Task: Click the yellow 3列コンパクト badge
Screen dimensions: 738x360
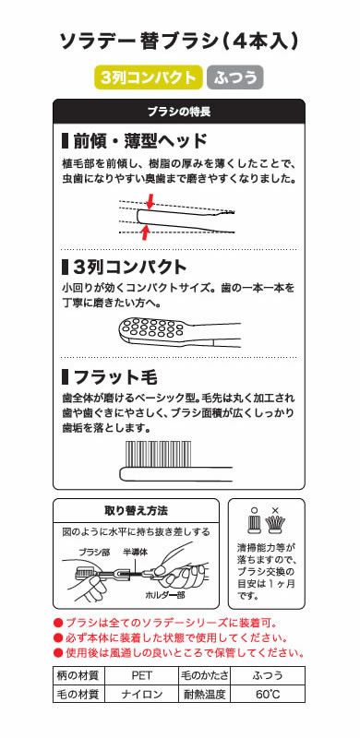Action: click(x=148, y=78)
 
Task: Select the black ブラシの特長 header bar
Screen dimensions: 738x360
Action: click(x=179, y=112)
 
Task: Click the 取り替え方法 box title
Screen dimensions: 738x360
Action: click(x=135, y=510)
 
